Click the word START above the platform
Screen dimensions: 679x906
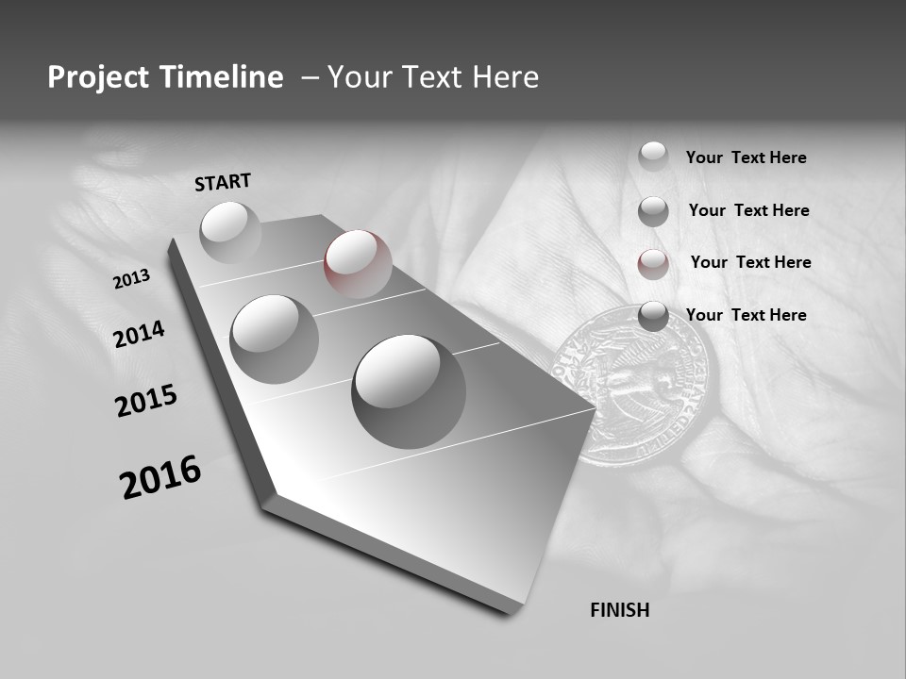[223, 182]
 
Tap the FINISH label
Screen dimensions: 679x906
[620, 610]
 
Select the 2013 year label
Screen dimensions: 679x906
[131, 279]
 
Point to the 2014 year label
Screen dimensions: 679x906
[140, 334]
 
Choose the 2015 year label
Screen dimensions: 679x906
[146, 401]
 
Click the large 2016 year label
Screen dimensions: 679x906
[160, 477]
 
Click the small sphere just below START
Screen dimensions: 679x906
[230, 232]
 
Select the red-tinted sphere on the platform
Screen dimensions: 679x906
[358, 264]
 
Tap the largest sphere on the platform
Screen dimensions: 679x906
[409, 391]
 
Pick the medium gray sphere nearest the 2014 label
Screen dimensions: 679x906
[275, 339]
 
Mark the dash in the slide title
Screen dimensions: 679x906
[310, 77]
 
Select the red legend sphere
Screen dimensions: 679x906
[653, 264]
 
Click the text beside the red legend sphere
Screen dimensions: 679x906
[750, 262]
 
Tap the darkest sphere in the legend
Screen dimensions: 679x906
[653, 317]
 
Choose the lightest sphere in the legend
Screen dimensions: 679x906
[653, 157]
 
